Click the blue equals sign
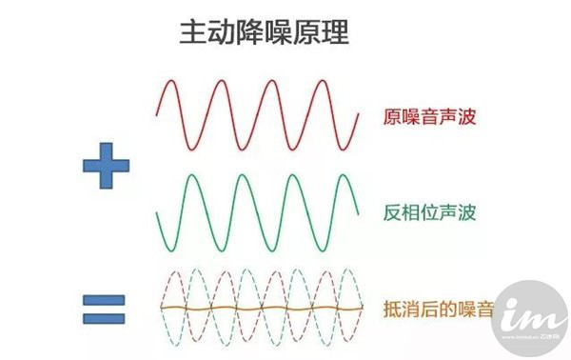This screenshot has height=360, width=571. [x=106, y=310]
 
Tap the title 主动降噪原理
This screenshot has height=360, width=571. [x=264, y=33]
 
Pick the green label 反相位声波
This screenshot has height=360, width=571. [x=429, y=212]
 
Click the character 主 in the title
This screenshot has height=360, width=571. [x=192, y=33]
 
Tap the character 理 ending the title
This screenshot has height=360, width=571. [x=335, y=33]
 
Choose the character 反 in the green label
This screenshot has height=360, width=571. [x=393, y=212]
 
